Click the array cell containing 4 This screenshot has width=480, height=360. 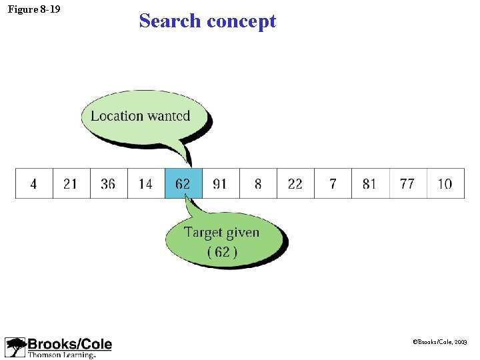[x=34, y=183]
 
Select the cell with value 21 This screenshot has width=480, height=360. [x=71, y=183]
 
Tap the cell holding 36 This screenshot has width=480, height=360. [x=108, y=183]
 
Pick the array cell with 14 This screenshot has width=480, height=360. [x=145, y=183]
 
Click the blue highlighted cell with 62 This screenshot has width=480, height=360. [x=183, y=183]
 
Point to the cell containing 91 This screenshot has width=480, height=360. [x=220, y=183]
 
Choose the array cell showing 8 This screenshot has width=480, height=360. [x=258, y=183]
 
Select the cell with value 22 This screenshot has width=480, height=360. [x=295, y=183]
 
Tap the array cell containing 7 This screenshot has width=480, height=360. [x=333, y=183]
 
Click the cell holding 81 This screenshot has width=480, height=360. [x=370, y=183]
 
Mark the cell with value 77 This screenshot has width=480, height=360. [x=407, y=183]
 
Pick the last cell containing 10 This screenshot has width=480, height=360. [x=445, y=183]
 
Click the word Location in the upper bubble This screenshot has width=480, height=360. [x=117, y=116]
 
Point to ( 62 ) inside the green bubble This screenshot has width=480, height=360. [x=222, y=252]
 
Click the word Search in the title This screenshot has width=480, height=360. [x=170, y=21]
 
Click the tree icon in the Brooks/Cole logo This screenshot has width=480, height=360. [x=15, y=347]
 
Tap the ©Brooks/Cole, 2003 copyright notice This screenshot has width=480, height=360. [x=441, y=341]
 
